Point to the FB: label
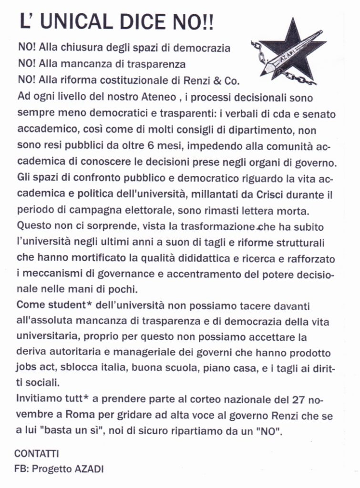click(x=21, y=468)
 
